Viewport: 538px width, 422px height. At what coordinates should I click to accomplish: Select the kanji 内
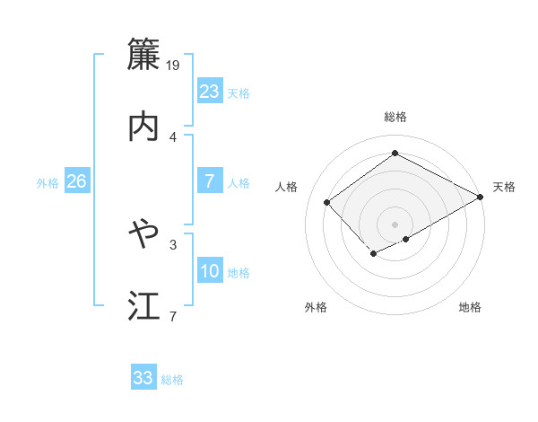[x=143, y=127]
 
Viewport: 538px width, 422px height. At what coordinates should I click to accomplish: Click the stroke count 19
[x=174, y=65]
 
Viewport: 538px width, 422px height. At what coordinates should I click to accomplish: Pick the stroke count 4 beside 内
[x=173, y=136]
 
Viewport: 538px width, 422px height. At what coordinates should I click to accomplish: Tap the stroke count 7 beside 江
[x=173, y=315]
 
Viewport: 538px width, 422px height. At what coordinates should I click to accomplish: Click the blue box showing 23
[x=210, y=92]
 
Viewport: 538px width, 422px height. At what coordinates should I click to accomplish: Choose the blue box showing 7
[x=210, y=181]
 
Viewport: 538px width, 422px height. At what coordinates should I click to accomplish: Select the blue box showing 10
[x=210, y=270]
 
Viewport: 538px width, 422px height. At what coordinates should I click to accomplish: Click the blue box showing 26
[x=76, y=181]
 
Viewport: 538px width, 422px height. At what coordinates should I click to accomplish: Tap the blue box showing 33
[x=143, y=378]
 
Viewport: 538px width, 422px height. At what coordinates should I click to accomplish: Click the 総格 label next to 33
[x=172, y=380]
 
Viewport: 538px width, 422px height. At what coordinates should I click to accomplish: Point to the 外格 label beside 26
[x=48, y=182]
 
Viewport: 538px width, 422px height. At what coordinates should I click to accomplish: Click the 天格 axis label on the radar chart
[x=504, y=187]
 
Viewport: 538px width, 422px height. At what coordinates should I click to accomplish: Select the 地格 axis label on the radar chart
[x=470, y=308]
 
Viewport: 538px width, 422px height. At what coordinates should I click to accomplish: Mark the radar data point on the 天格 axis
[x=481, y=197]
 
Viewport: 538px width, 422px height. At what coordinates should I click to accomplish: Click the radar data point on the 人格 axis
[x=327, y=202]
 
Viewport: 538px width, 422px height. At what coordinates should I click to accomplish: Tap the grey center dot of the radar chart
[x=395, y=224]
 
